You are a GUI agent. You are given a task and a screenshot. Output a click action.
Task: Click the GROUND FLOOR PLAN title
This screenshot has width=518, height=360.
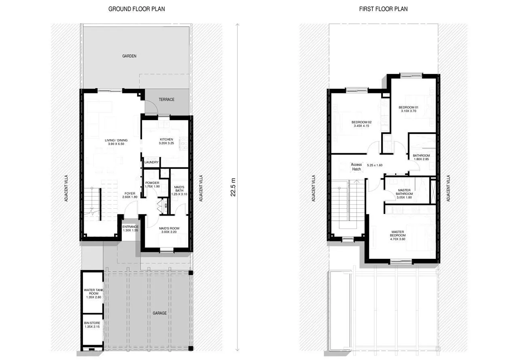coord(136,9)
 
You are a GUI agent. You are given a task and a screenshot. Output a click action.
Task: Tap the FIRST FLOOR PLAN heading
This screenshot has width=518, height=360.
coord(383,9)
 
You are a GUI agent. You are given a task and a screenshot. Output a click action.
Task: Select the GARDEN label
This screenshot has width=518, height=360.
coord(129,56)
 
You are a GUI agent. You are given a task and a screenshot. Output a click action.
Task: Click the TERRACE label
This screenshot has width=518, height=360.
coord(166,100)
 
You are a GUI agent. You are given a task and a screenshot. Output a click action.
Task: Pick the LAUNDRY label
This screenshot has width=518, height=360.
coord(151,163)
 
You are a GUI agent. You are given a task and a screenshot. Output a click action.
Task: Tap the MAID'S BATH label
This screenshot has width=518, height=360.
coord(179,190)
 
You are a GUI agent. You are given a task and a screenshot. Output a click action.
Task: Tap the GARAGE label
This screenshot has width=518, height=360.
coord(159,313)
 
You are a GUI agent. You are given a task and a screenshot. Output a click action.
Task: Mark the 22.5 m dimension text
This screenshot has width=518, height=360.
coord(233,186)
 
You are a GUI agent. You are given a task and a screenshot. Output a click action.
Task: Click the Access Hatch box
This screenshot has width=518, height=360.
coord(356,167)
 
